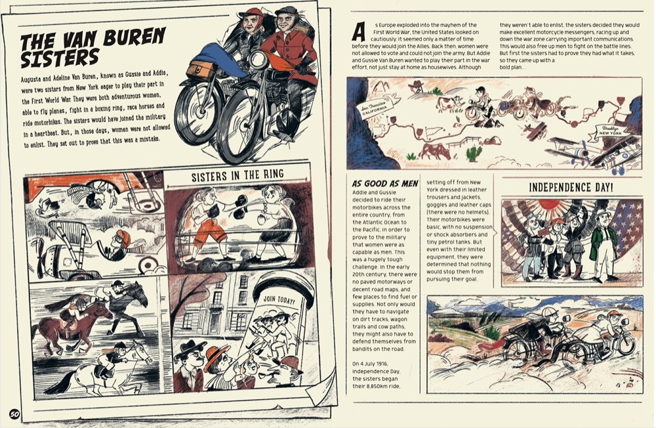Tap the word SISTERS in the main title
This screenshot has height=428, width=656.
pos(60,59)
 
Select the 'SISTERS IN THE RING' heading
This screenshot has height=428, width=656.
pos(237,175)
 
